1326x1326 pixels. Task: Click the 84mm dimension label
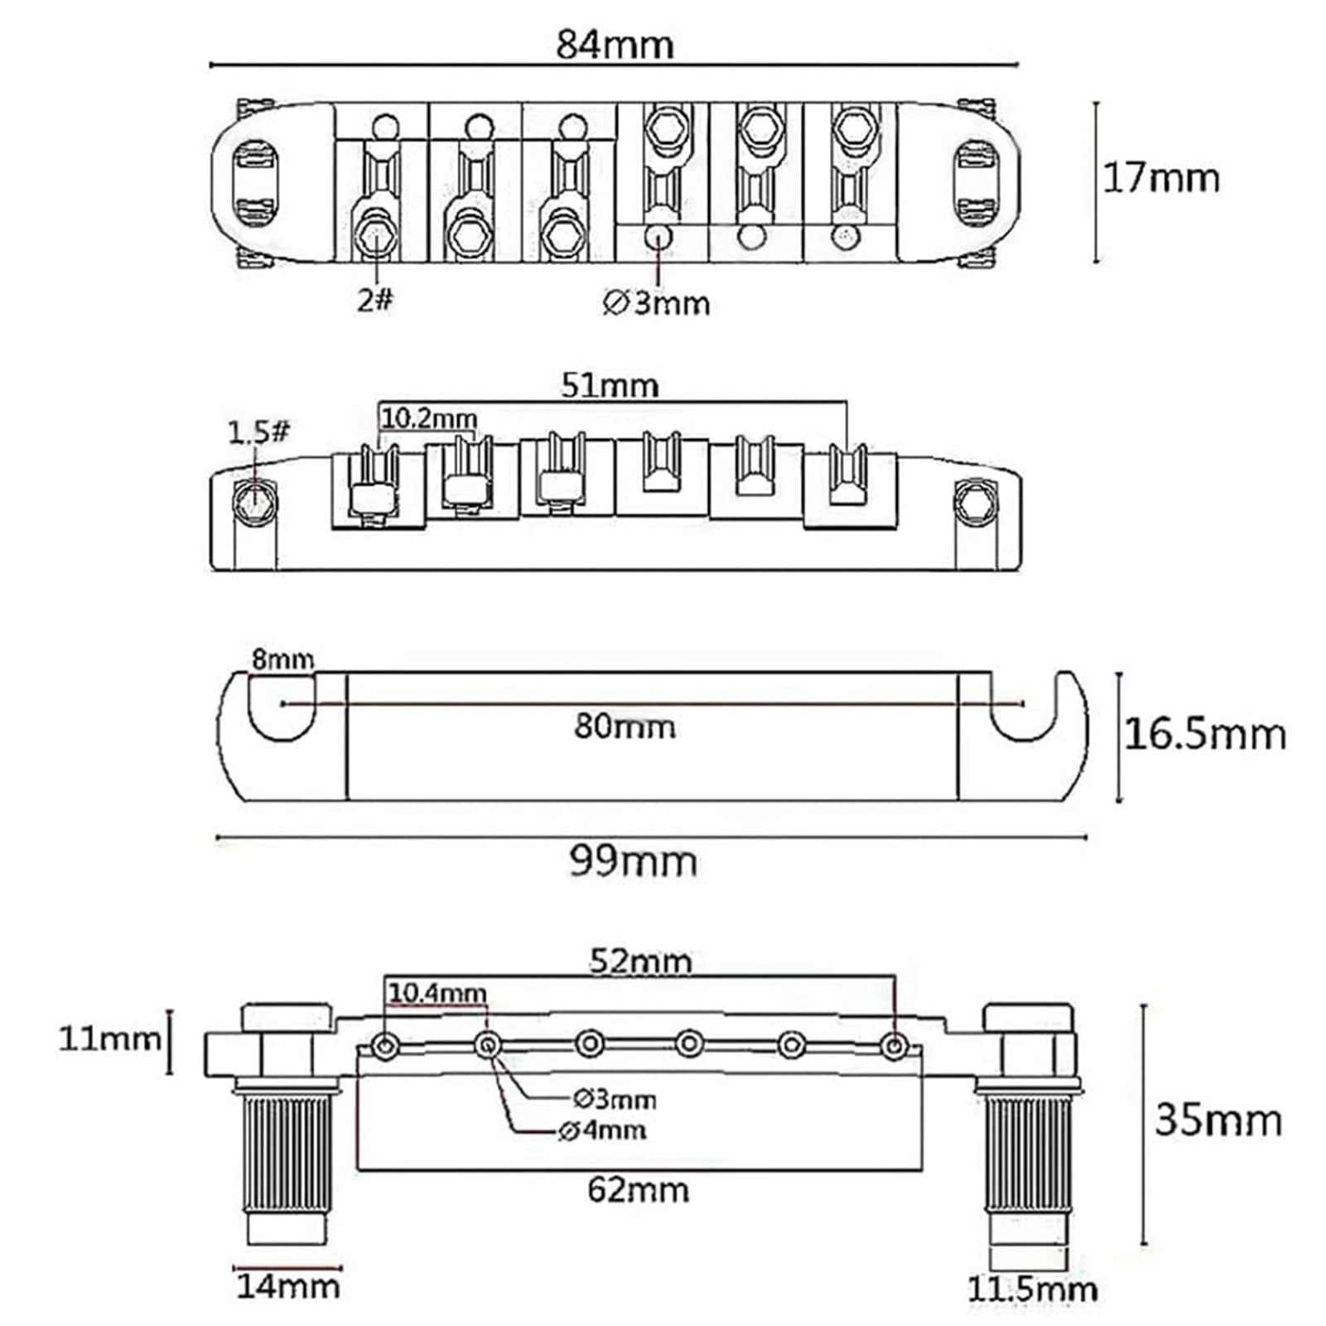(x=615, y=44)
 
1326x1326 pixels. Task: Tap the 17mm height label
(x=1161, y=178)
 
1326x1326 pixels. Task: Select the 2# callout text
(x=375, y=300)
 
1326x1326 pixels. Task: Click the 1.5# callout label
(x=258, y=432)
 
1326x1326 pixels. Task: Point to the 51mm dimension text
(x=610, y=385)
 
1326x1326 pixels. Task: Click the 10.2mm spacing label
(x=429, y=417)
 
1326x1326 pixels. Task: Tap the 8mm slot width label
(x=282, y=659)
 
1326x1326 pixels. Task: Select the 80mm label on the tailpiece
(x=624, y=727)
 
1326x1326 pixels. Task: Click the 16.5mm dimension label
(x=1205, y=734)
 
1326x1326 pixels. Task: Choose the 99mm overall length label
(x=633, y=861)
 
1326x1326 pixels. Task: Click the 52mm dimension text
(x=640, y=961)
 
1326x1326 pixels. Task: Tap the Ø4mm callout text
(x=603, y=1130)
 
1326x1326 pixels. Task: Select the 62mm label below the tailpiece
(x=638, y=1190)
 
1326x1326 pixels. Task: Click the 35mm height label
(x=1218, y=1120)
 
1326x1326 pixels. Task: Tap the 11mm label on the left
(x=109, y=1038)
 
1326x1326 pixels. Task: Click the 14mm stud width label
(x=288, y=1286)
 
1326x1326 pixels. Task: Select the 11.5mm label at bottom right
(x=1032, y=1289)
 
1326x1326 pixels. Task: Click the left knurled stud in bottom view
(x=287, y=1151)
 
